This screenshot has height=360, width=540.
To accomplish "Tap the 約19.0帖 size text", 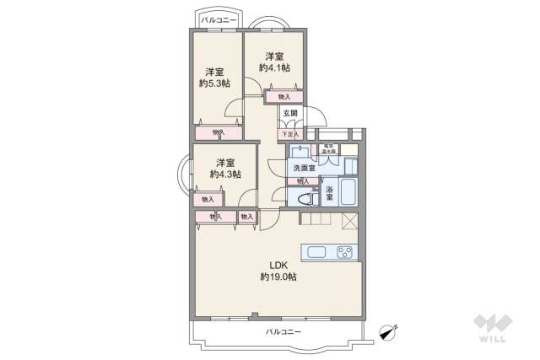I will (278, 277).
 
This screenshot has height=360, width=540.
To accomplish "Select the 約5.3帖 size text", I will (214, 83).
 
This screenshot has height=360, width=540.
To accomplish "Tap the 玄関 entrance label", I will (289, 113).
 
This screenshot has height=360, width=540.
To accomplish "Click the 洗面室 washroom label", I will (304, 168).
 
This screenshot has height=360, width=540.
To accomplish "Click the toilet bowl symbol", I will (302, 198).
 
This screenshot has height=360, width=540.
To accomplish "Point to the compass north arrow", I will (390, 330).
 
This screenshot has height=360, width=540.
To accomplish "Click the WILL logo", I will (493, 330).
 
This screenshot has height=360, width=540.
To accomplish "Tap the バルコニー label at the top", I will (218, 18).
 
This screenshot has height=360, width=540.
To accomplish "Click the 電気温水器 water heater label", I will (328, 149).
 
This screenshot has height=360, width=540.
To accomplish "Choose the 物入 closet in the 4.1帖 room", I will (283, 97).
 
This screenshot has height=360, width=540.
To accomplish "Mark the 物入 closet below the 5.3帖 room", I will (219, 132).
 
